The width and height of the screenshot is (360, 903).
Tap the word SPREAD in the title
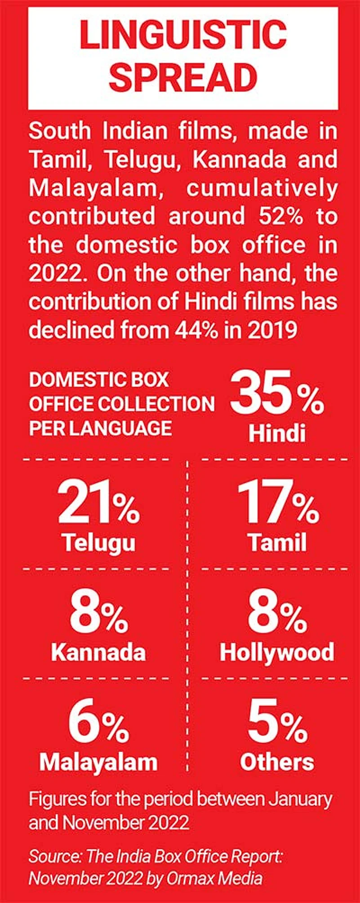tap(183, 77)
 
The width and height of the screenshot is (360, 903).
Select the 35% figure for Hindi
tap(277, 395)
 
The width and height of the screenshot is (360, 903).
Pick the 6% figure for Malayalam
tap(98, 723)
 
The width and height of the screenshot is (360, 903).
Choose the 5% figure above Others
tap(277, 723)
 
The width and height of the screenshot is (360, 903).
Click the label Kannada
tap(98, 652)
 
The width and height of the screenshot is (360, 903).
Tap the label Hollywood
tap(277, 652)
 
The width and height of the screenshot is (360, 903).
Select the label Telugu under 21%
tap(98, 542)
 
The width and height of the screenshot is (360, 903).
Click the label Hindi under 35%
tap(277, 433)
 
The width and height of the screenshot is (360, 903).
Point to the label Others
tap(277, 762)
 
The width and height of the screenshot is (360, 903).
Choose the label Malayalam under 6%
tap(98, 762)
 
